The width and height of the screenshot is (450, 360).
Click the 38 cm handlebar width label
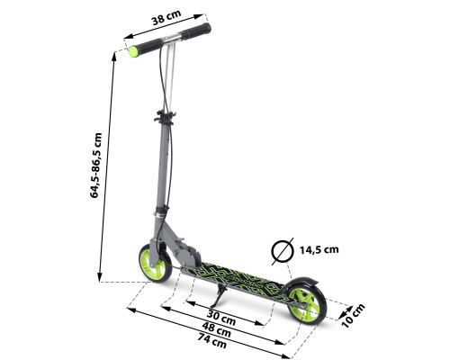pos(166,17)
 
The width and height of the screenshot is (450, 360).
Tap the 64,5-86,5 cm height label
pos(96,166)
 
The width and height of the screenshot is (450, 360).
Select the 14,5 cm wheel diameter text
pos(319,249)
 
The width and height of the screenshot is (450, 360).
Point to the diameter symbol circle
pos(283,251)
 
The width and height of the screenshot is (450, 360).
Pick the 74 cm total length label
pos(211,340)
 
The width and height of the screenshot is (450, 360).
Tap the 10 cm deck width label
pos(353,315)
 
